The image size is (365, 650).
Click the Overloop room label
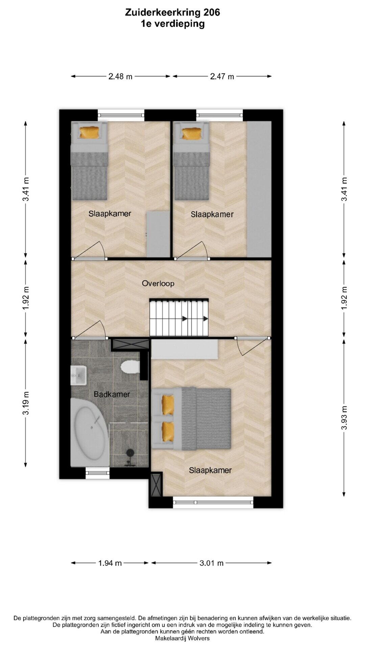coord(158,283)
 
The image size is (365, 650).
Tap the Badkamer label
coord(112,394)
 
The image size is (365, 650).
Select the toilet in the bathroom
coord(130,367)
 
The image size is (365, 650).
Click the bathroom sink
coord(78,375)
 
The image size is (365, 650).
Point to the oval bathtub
coord(90,432)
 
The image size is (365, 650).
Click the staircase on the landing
coord(179,317)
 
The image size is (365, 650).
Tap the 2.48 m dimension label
coord(120,77)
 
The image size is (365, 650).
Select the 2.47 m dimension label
coord(222,77)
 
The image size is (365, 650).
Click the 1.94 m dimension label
coord(110,563)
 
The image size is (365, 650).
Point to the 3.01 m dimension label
coord(212,563)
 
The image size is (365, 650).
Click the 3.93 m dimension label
coord(344,417)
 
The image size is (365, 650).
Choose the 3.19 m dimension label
coord(26,403)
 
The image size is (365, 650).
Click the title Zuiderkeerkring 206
coord(172,13)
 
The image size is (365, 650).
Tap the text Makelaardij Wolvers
coord(182,638)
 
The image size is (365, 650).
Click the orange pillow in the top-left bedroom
coord(89,132)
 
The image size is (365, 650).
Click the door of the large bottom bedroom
coord(252,345)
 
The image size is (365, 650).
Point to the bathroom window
coord(98,473)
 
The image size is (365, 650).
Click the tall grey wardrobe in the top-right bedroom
coord(259,189)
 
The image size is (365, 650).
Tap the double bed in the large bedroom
coord(191,419)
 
